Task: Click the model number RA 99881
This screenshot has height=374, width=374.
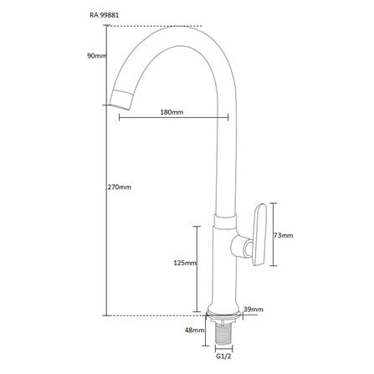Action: point(104,15)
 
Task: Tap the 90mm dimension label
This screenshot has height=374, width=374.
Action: point(97,56)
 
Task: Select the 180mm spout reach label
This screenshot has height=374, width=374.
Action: point(172,112)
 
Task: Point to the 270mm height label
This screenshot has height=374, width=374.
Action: point(120,187)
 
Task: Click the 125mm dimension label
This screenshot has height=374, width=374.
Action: point(185,263)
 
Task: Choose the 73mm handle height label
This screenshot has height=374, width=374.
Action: point(284,236)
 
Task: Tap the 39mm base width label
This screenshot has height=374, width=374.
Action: point(254,310)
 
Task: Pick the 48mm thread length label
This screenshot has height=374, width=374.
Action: point(195,330)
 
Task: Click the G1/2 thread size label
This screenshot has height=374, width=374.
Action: point(224,356)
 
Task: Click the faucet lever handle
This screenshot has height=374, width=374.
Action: point(259,235)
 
